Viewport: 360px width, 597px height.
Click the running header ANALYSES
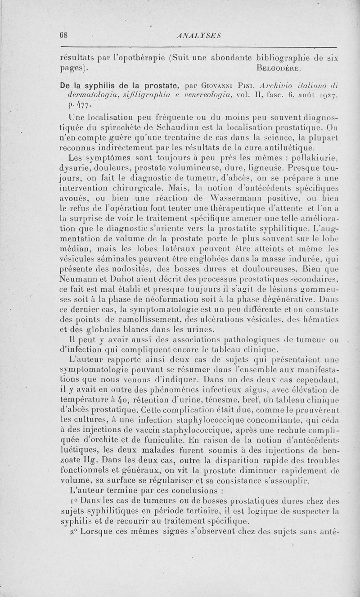point(198,36)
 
